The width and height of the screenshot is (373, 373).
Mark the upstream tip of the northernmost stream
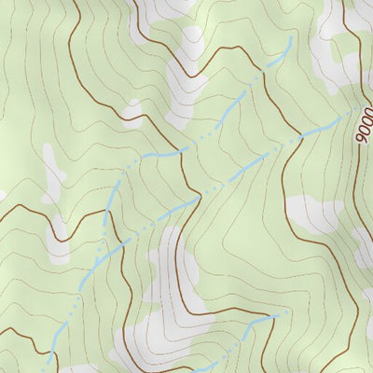291,38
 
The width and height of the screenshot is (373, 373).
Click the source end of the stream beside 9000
355,111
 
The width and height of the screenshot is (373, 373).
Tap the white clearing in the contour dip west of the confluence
61,228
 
